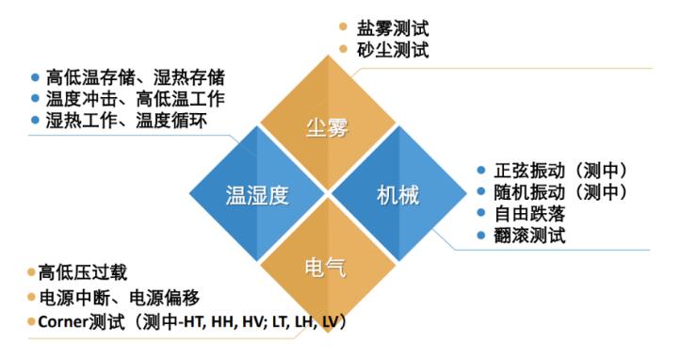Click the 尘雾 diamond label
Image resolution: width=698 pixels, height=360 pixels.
pyautogui.click(x=327, y=128)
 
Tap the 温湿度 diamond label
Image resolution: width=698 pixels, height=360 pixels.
pyautogui.click(x=257, y=196)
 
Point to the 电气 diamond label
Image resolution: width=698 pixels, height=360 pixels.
pyautogui.click(x=327, y=267)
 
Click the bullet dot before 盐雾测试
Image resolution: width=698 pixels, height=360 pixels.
pyautogui.click(x=343, y=27)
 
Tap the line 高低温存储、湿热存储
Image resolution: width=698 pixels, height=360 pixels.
pyautogui.click(x=136, y=77)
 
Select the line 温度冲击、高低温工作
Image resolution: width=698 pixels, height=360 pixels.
pyautogui.click(x=136, y=99)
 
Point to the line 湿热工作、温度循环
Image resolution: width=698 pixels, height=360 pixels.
pyautogui.click(x=126, y=122)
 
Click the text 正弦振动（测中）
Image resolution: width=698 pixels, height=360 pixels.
pyautogui.click(x=560, y=172)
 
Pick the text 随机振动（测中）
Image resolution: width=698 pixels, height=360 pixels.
pyautogui.click(x=560, y=193)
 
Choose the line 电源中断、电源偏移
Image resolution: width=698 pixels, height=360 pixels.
pyautogui.click(x=119, y=298)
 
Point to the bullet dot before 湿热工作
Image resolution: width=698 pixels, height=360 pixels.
pyautogui.click(x=36, y=122)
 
